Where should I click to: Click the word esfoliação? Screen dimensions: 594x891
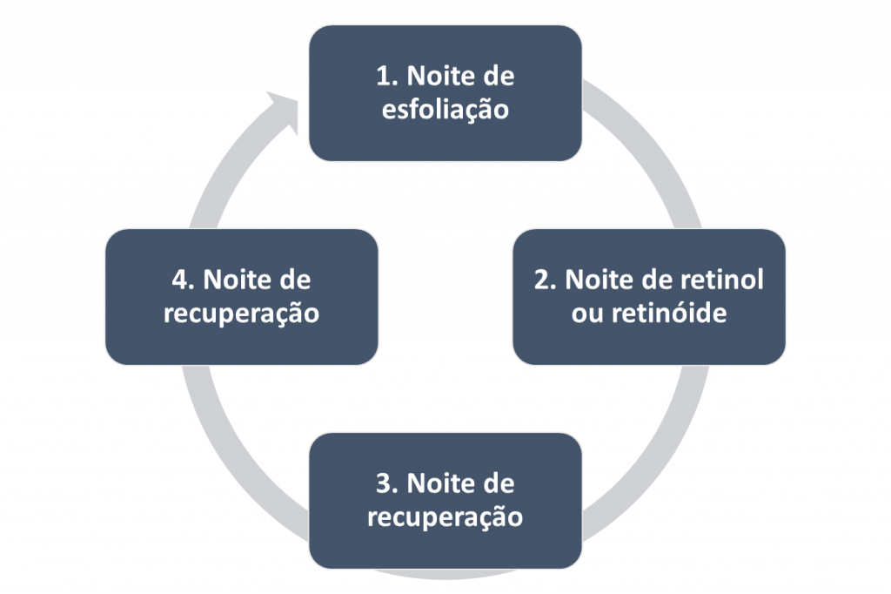coord(445,111)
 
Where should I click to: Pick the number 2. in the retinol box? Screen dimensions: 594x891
coord(545,280)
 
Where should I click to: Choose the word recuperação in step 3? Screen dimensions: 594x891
coord(445,517)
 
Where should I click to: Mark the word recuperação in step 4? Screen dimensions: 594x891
coord(241,314)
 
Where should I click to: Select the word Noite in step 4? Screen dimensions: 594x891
coord(236,280)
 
